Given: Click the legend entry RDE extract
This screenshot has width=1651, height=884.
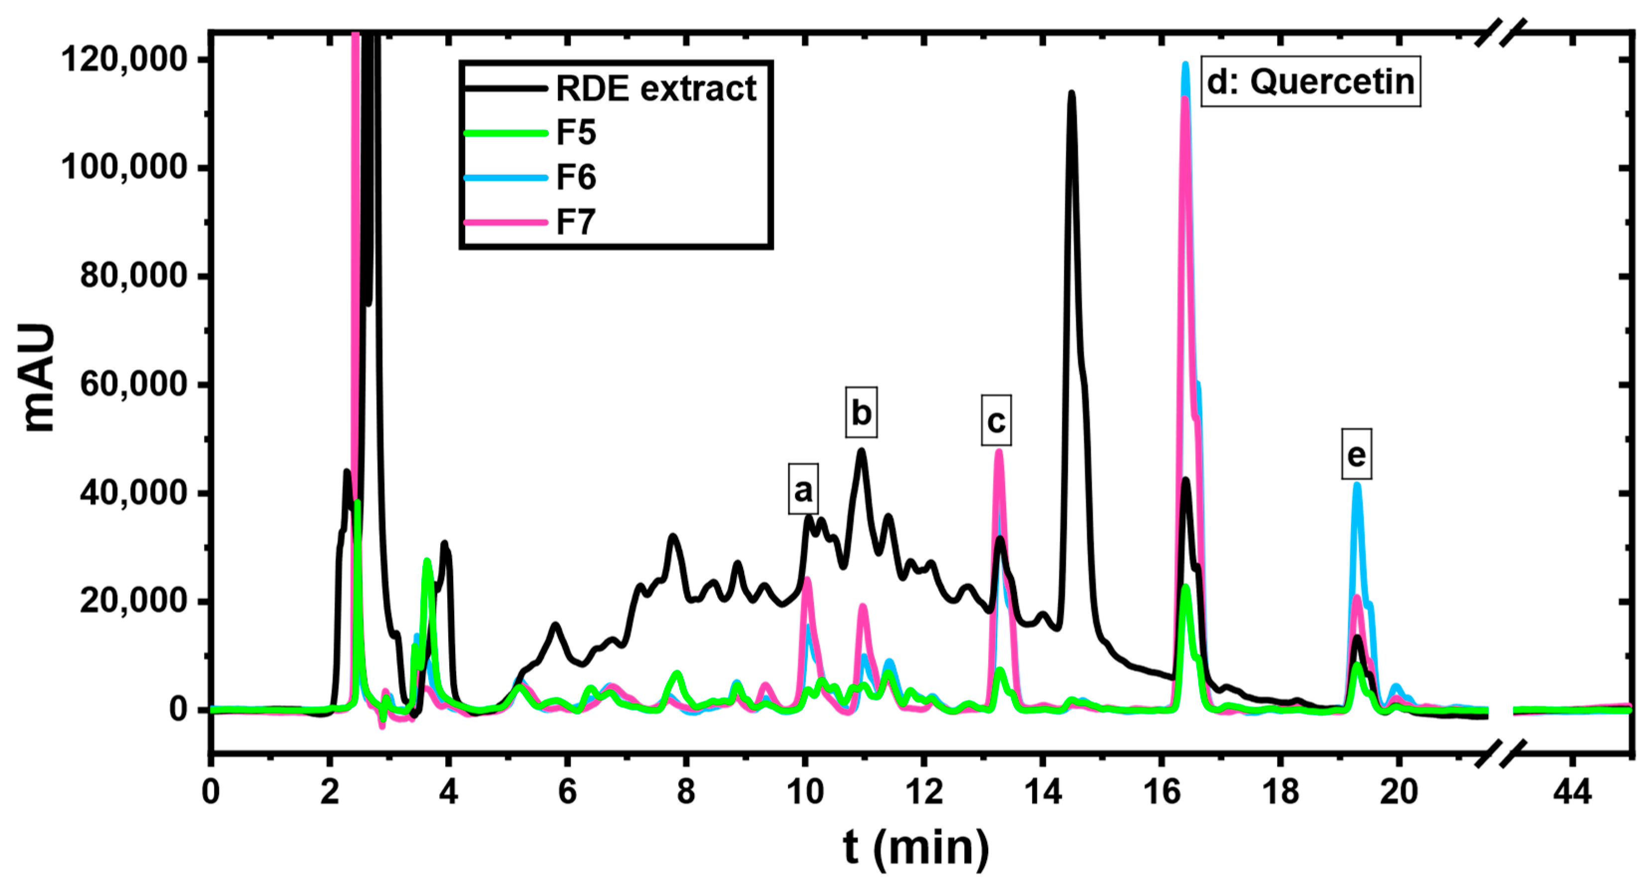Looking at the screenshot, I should point(655,89).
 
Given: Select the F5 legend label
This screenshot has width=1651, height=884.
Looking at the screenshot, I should point(576,133).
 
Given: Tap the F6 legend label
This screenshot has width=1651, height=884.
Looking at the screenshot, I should point(576,177).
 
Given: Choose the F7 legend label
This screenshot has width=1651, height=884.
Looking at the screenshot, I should point(576,222).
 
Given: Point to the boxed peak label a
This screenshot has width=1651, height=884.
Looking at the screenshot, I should point(803,490).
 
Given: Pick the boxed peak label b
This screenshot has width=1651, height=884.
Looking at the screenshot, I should point(861,413).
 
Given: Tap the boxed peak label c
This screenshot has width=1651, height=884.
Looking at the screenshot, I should point(996,421).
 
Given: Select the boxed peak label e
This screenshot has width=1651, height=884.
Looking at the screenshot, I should point(1356,455).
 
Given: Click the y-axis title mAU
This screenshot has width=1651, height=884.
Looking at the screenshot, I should point(37,378).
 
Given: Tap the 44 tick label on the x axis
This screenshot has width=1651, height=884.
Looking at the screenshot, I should point(1572,792).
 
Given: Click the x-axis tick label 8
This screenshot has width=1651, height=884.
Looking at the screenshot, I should point(686,792).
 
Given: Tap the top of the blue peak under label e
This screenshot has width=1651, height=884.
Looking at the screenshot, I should point(1356,485).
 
